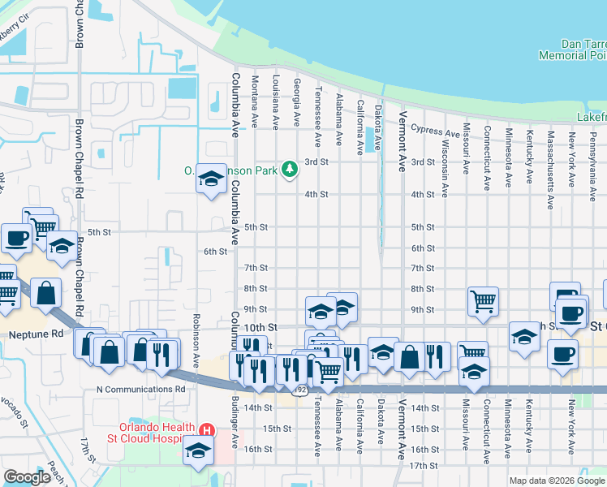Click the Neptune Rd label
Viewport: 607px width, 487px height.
[x=35, y=334]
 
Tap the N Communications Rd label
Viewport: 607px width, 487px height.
[x=141, y=389]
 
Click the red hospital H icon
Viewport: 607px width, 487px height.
[x=207, y=429]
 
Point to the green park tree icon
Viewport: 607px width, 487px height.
[x=289, y=169]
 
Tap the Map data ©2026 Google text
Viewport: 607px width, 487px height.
[x=557, y=481]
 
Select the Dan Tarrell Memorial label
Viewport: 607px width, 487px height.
[x=572, y=50]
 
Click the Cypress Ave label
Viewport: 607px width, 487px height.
[x=436, y=130]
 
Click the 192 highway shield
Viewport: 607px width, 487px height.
[x=300, y=390]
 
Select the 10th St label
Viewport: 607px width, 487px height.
[x=261, y=327]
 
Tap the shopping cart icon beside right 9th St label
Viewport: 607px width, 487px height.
[x=483, y=300]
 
